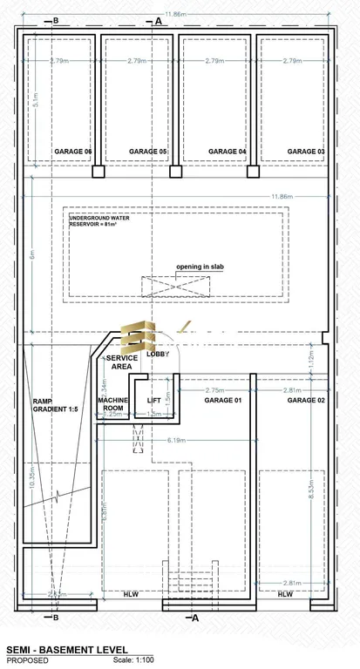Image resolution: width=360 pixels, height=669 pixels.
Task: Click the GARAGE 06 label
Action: click(x=72, y=152)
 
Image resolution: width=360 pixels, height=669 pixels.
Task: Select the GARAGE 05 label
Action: click(x=148, y=152)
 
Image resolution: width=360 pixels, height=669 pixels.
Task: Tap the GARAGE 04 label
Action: click(x=228, y=152)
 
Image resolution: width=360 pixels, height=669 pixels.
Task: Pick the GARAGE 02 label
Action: click(x=306, y=400)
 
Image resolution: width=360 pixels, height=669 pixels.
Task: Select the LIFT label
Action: click(x=154, y=401)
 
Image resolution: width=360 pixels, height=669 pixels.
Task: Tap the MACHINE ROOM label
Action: click(x=113, y=403)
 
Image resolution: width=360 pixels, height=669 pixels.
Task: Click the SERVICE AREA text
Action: click(x=121, y=362)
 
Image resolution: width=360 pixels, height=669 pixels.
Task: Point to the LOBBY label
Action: click(x=158, y=355)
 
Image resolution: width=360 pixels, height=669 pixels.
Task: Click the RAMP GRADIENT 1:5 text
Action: click(x=56, y=405)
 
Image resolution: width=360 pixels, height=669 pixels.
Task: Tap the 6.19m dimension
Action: click(x=177, y=440)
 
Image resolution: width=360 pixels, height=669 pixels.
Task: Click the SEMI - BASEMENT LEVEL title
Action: click(x=67, y=650)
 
